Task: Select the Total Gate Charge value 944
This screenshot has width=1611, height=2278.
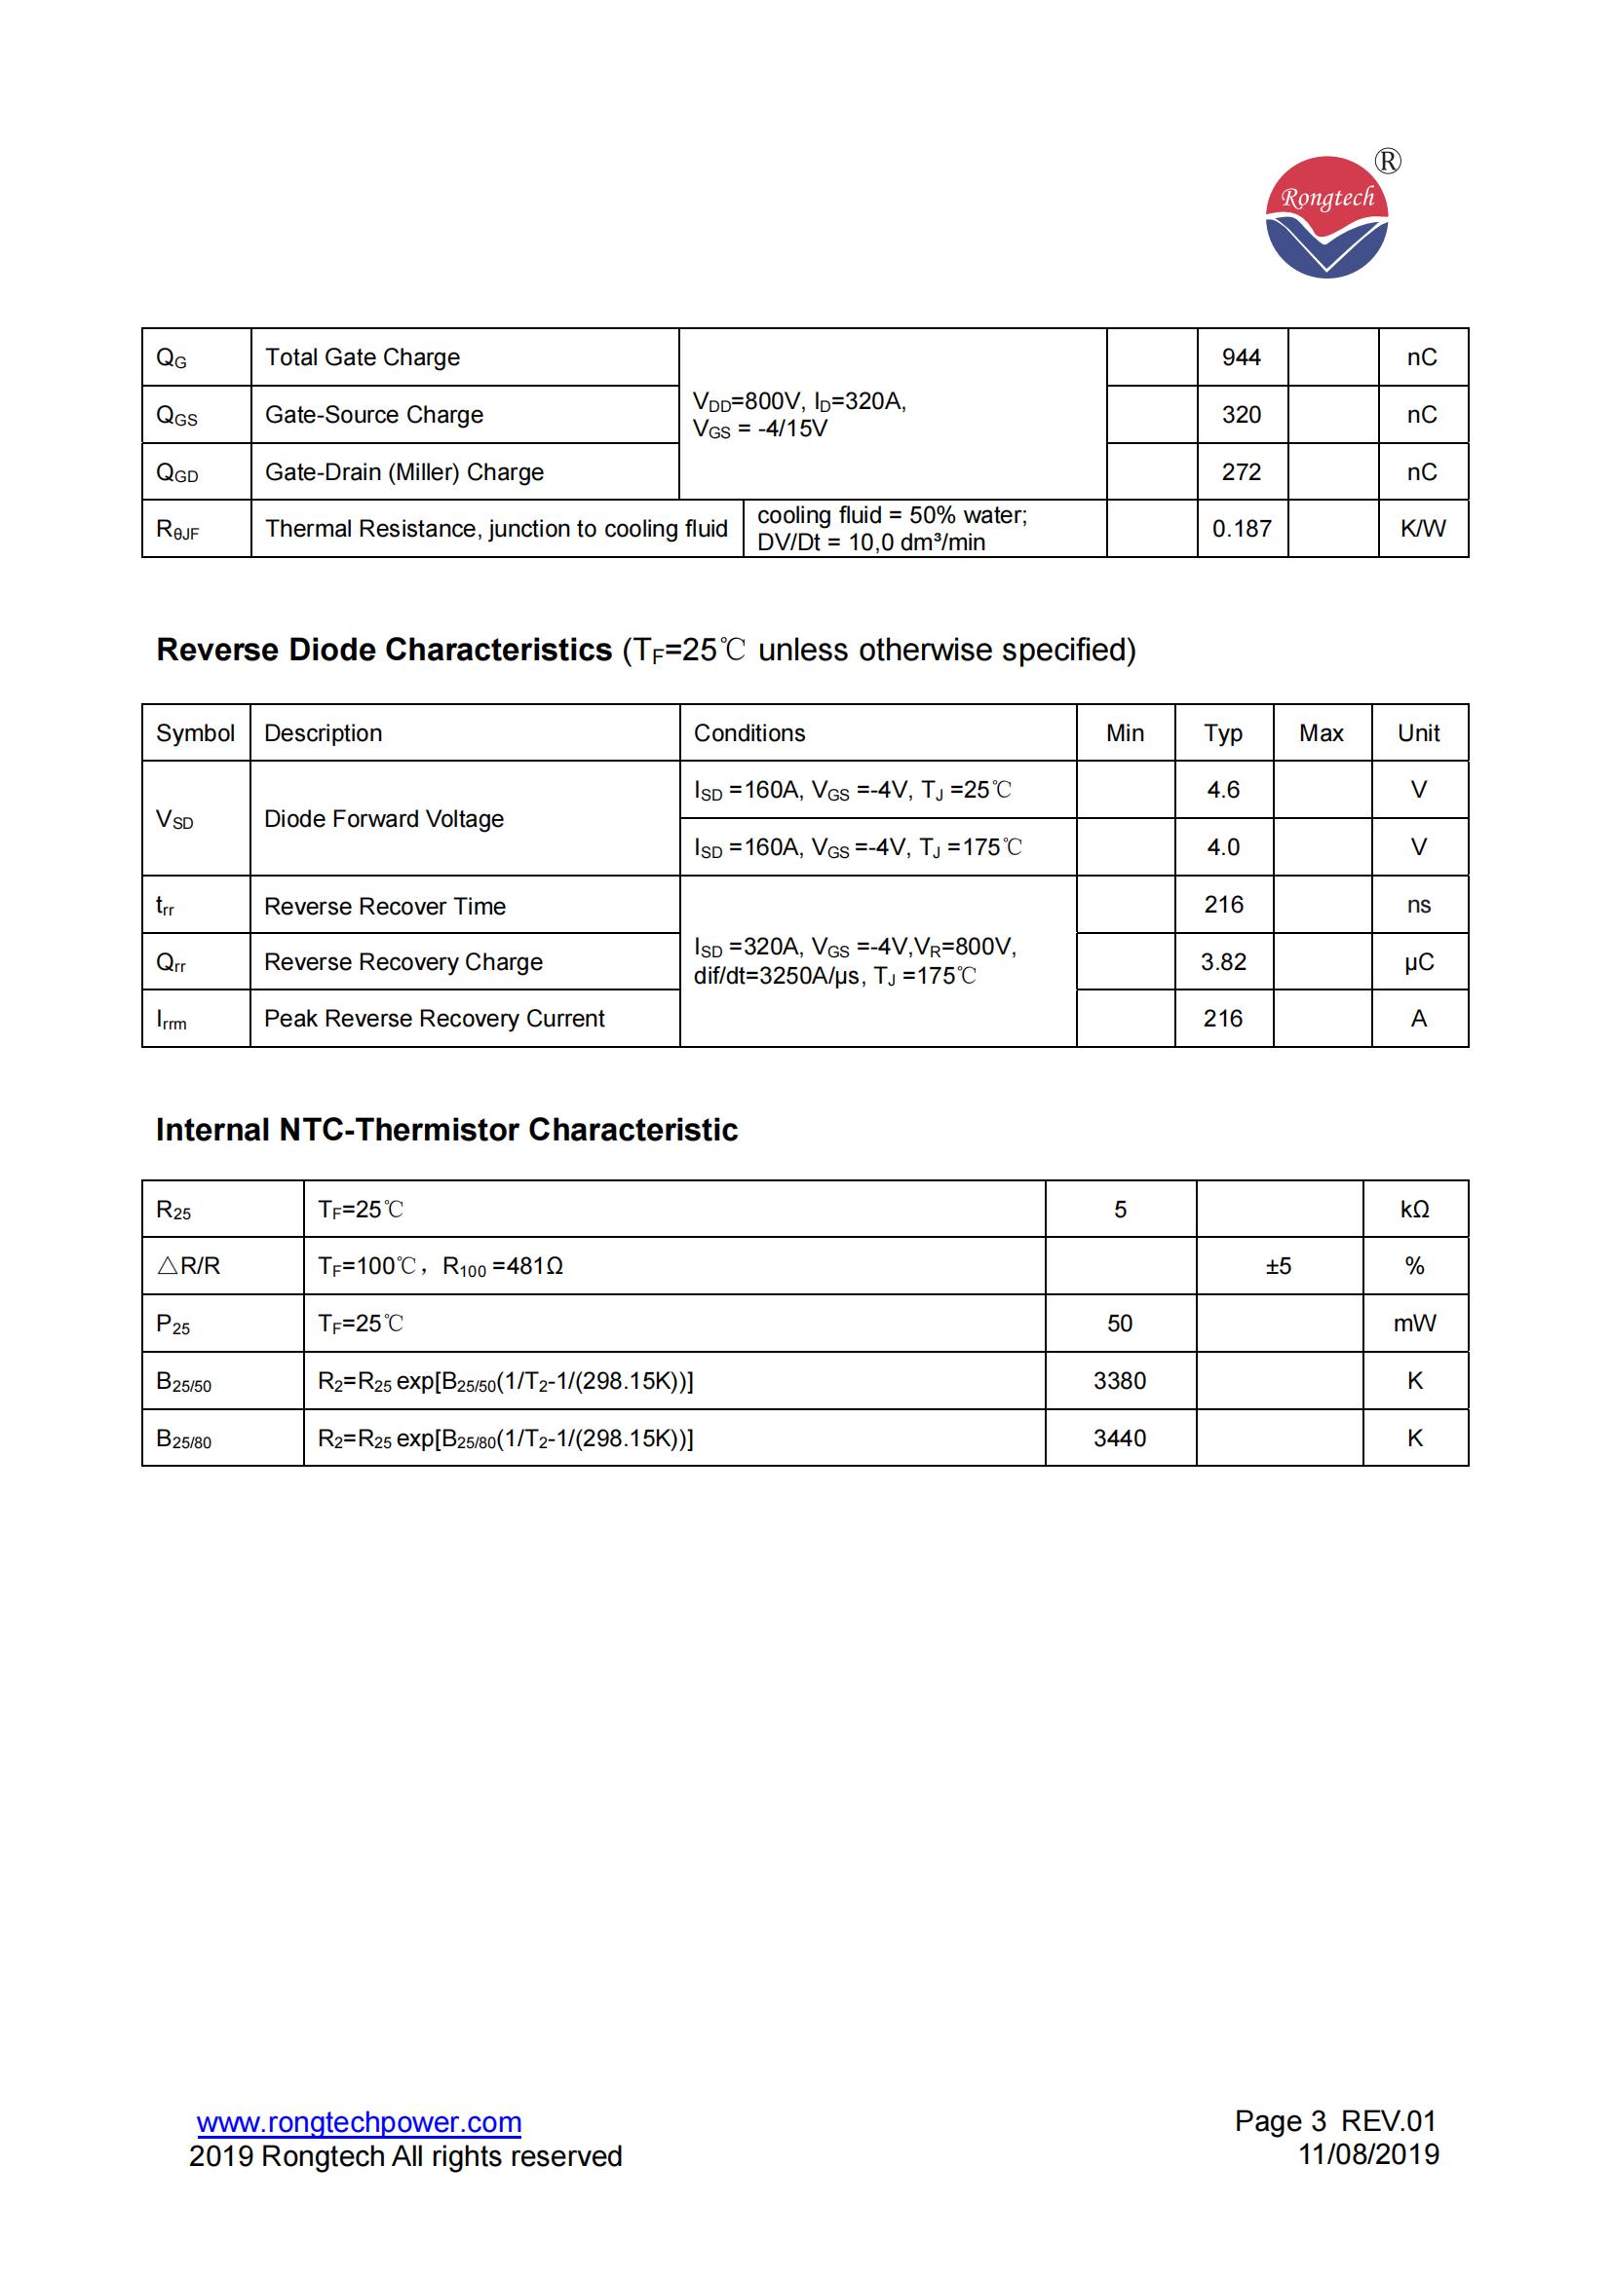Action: (1241, 357)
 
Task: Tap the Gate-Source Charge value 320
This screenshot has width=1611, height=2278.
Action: (1241, 415)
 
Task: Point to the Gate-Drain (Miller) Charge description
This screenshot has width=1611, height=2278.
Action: (404, 472)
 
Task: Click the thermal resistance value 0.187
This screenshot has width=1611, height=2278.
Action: (1241, 529)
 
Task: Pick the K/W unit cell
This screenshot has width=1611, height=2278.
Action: (1421, 529)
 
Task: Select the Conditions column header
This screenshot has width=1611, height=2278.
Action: (749, 733)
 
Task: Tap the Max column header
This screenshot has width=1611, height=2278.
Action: (1321, 733)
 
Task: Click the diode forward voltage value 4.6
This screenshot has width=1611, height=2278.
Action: (1223, 790)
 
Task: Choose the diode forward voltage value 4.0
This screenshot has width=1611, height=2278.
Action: (1223, 847)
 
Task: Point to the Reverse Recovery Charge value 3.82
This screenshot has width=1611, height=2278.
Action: (1223, 961)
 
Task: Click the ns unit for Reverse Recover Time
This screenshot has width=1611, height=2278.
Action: (1418, 905)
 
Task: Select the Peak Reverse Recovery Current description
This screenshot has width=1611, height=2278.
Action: (434, 1019)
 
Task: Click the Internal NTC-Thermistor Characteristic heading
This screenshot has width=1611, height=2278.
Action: (446, 1130)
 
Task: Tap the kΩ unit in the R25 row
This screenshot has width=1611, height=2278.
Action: (1414, 1210)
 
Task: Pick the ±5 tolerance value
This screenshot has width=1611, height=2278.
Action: (1279, 1266)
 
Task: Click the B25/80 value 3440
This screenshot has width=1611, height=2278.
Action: (1120, 1438)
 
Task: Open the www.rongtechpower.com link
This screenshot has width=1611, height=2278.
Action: (359, 2122)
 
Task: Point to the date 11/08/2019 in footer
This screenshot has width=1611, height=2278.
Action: (1367, 2154)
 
